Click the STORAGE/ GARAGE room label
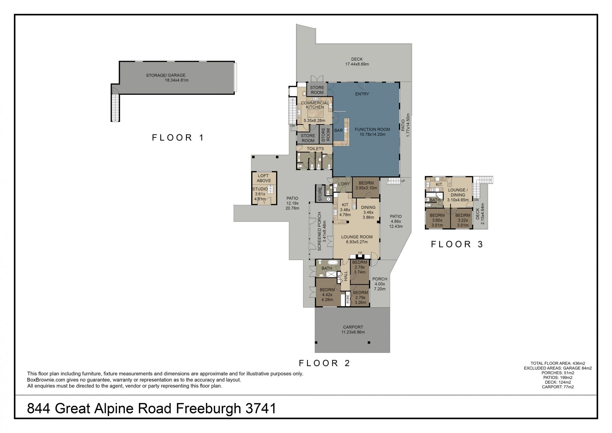pyautogui.click(x=166, y=75)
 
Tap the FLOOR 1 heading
pyautogui.click(x=178, y=138)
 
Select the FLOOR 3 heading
pyautogui.click(x=457, y=244)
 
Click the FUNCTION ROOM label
pyautogui.click(x=372, y=130)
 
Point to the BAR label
pyautogui.click(x=339, y=131)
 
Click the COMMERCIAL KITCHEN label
pyautogui.click(x=315, y=105)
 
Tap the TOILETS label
pyautogui.click(x=315, y=149)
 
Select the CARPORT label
pyautogui.click(x=353, y=327)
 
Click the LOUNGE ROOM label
pyautogui.click(x=357, y=237)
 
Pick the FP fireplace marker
pyautogui.click(x=360, y=253)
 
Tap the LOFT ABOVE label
pyautogui.click(x=264, y=178)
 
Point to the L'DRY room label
pyautogui.click(x=344, y=184)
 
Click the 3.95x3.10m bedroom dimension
pyautogui.click(x=366, y=188)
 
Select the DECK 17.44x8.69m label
pyautogui.click(x=357, y=62)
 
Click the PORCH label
pyautogui.click(x=380, y=279)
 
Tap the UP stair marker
pyautogui.click(x=403, y=181)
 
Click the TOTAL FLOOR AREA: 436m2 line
pyautogui.click(x=558, y=363)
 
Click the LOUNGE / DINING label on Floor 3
pyautogui.click(x=458, y=192)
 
